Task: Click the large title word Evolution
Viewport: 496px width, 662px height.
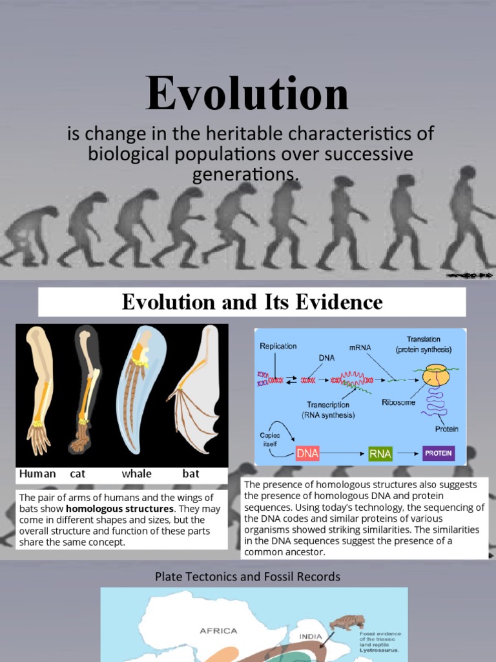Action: pos(247,94)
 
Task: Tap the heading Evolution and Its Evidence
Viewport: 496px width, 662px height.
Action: pos(252,302)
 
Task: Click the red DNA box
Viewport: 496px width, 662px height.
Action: pos(307,453)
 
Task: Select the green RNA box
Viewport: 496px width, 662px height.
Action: pos(380,453)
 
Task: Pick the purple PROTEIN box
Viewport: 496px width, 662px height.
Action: pos(438,453)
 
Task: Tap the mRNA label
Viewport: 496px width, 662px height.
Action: pos(360,347)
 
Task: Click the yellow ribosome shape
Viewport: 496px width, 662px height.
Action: pos(435,376)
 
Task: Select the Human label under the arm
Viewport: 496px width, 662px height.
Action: pos(37,474)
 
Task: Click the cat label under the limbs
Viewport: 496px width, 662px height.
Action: pos(77,474)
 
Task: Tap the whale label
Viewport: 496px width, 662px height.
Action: pos(136,474)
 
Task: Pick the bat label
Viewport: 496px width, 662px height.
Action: pos(191,474)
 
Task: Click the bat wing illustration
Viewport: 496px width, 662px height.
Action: pos(196,394)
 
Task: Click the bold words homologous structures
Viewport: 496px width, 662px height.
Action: pos(120,509)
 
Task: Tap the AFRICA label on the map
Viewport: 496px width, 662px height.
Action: pos(218,631)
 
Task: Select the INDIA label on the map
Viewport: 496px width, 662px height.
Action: pos(311,636)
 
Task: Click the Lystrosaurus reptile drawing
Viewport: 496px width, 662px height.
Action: pos(347,623)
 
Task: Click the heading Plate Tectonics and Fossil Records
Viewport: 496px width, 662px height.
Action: pos(247,576)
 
